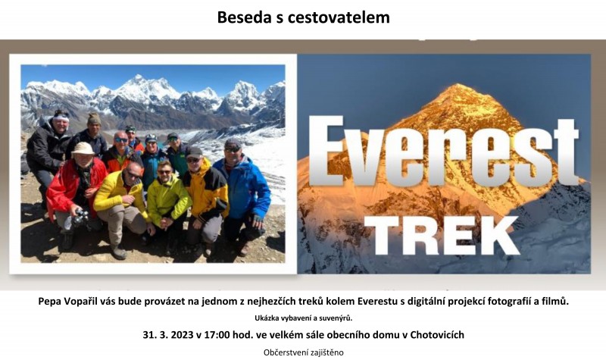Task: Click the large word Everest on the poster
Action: click(x=445, y=152)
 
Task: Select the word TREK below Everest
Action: click(x=442, y=236)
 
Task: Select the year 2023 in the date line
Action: click(x=181, y=335)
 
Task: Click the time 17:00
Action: click(x=217, y=335)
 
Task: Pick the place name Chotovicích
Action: click(x=437, y=335)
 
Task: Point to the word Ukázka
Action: click(x=264, y=318)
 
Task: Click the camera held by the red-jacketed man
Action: click(x=80, y=218)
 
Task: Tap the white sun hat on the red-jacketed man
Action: click(x=83, y=149)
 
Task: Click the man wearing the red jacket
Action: click(x=75, y=193)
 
